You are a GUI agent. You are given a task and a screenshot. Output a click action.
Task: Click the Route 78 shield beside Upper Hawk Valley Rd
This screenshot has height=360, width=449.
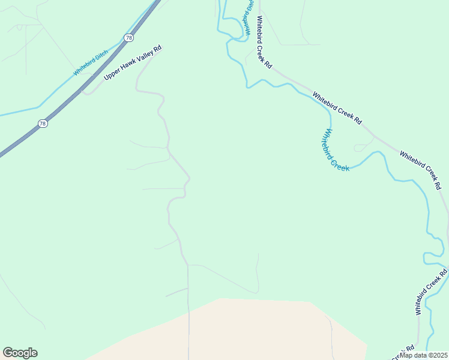[129, 38]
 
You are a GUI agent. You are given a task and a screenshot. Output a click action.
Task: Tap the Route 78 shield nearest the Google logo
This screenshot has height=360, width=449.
[42, 124]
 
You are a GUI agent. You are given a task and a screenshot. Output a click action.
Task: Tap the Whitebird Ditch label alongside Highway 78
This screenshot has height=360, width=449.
[91, 62]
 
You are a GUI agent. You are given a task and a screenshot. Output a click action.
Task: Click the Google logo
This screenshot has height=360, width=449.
[20, 353]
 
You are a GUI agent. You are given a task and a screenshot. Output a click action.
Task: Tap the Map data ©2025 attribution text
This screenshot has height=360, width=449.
[424, 355]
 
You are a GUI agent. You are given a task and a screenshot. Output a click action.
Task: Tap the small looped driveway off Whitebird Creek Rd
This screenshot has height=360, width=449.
[362, 146]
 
